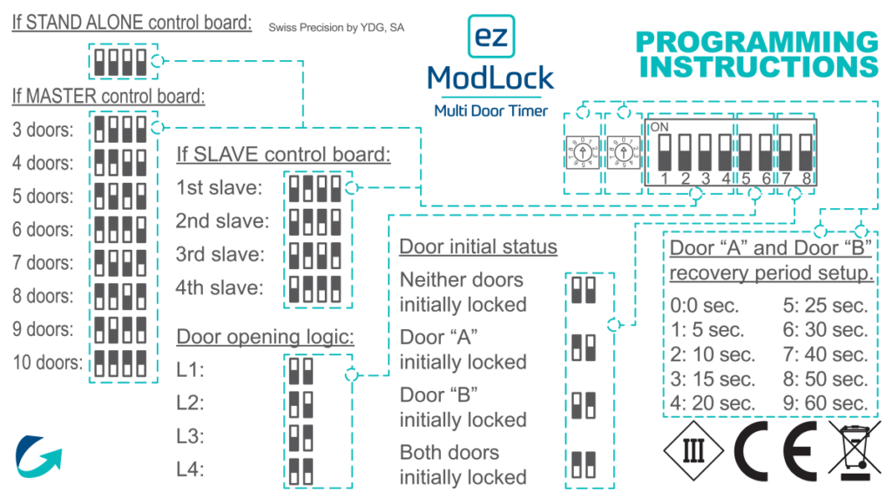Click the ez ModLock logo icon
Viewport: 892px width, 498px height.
pos(490,36)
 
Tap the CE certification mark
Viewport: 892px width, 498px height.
pos(774,450)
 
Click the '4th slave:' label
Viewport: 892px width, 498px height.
pos(220,287)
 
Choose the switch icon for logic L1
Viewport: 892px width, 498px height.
pos(301,371)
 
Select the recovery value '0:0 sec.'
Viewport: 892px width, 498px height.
pos(705,306)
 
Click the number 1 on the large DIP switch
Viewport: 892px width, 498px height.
pos(663,179)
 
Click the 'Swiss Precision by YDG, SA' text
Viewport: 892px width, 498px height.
pos(336,28)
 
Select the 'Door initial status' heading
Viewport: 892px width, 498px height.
pos(477,246)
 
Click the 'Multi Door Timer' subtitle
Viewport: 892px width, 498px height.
pos(490,111)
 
